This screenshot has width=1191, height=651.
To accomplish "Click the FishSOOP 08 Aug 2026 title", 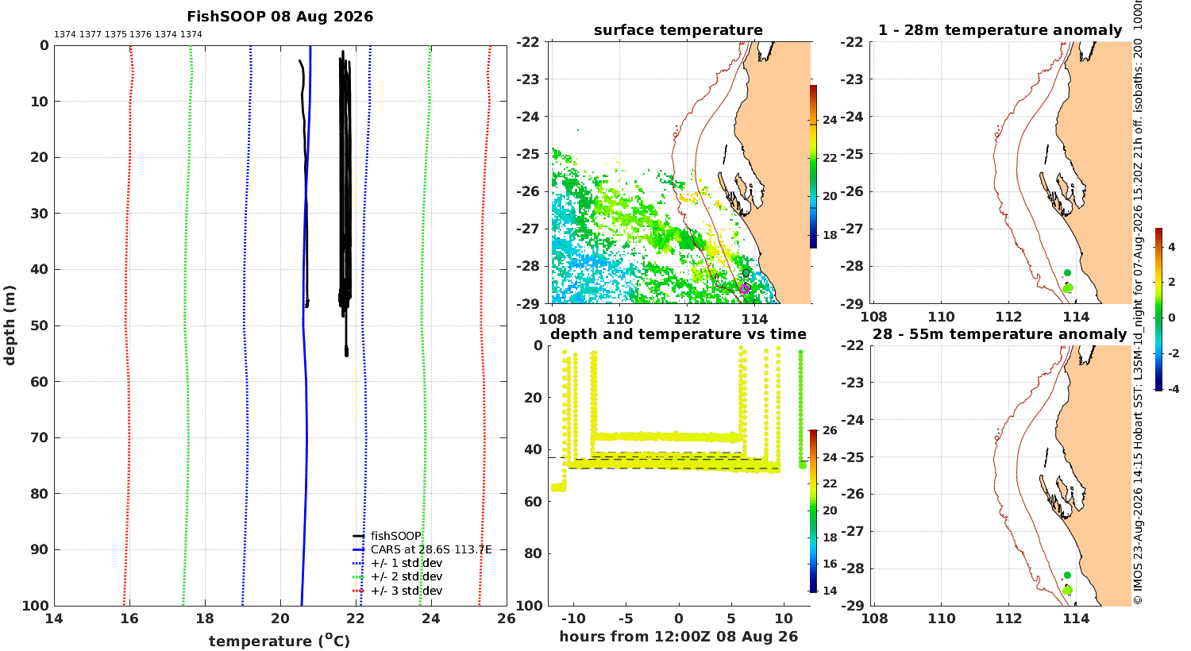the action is (279, 17).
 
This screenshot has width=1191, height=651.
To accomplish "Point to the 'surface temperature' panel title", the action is (678, 30).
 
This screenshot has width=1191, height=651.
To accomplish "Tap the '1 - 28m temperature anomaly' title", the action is (1000, 30).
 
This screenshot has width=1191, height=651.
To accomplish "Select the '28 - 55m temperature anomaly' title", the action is (1000, 333).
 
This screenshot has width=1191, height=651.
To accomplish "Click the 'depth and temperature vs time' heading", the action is (678, 333).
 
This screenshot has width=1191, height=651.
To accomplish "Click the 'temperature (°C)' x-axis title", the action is (279, 641).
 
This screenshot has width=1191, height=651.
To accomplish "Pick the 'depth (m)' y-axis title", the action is (10, 325).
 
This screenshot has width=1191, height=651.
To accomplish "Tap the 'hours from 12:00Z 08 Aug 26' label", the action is (678, 636).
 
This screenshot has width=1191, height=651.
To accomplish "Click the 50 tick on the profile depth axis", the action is (40, 325).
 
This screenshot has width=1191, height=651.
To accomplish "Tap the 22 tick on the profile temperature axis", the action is (355, 618).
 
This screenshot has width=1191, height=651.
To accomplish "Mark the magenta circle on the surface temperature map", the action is (745, 288).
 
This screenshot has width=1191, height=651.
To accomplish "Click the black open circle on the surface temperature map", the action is (746, 274).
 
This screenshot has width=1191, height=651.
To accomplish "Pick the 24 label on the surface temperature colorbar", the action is (830, 120).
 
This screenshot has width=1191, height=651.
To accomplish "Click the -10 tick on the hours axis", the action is (573, 618).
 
